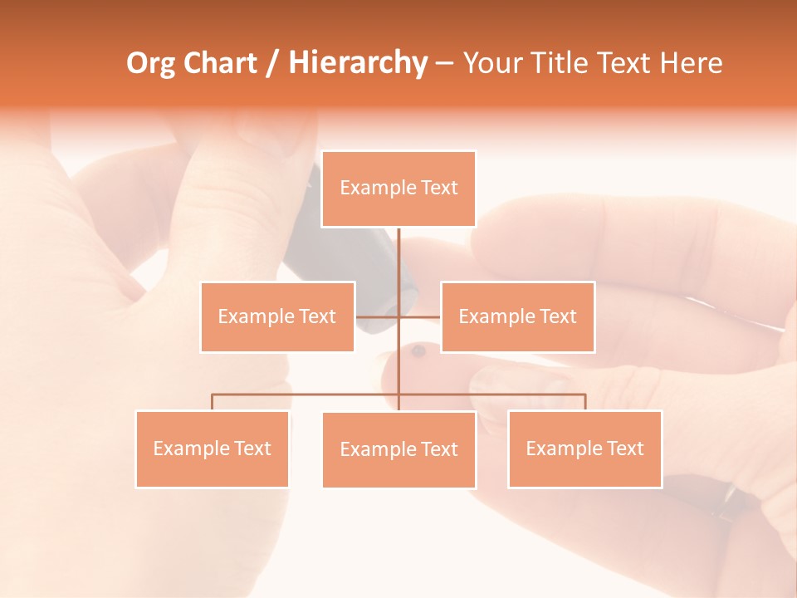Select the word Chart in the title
220,63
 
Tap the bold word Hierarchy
358,63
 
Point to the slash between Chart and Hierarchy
272,64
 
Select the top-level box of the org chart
398,189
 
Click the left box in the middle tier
277,316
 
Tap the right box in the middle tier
517,316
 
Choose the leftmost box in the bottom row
213,448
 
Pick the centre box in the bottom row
398,449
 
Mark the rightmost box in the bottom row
584,448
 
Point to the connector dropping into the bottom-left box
213,402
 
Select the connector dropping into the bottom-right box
584,402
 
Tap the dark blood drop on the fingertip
418,351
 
